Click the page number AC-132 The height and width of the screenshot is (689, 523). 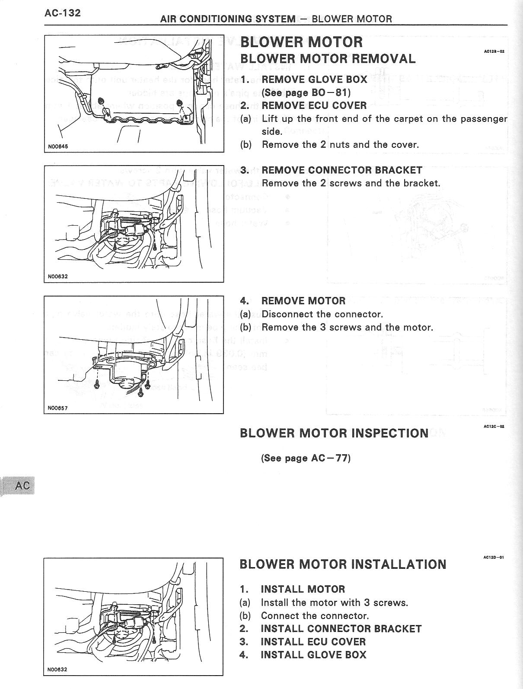coord(62,13)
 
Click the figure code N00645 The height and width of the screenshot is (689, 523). coord(58,147)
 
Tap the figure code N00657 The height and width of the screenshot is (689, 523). coord(58,408)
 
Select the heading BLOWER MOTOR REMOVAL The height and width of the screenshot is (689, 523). coord(328,59)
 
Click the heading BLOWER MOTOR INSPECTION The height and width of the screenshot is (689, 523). coord(334,433)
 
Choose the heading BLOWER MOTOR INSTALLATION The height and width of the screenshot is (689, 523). coord(342,564)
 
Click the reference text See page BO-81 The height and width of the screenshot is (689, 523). coord(306,93)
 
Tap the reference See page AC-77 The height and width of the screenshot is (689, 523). coord(306,458)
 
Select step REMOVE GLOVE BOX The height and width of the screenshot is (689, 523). coord(314,80)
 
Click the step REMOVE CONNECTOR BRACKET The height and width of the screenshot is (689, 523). coord(341,170)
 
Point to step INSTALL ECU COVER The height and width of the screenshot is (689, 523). coord(313,642)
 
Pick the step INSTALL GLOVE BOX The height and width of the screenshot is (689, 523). coord(313,655)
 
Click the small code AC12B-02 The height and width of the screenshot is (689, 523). coord(494,51)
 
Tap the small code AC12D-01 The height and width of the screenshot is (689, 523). coord(493,558)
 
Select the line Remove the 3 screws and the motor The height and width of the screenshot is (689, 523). coord(347,327)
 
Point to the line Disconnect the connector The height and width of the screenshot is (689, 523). coord(322,314)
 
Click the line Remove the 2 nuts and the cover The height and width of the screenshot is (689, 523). coord(340,144)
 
